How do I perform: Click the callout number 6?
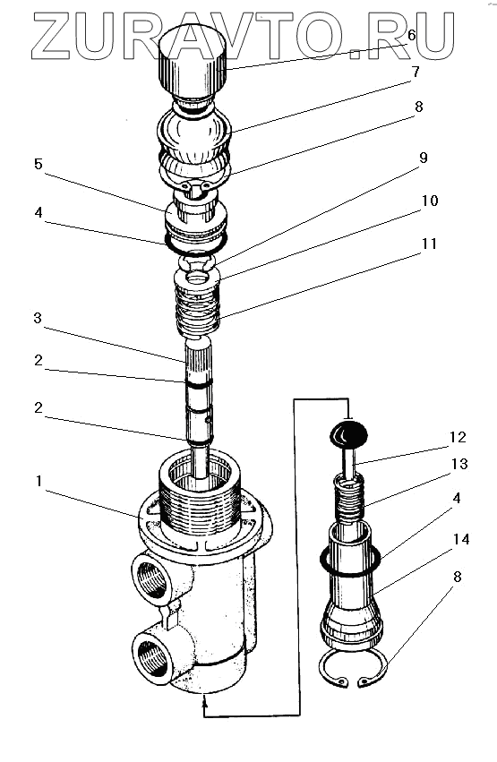click(x=412, y=35)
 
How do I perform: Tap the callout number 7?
click(x=415, y=72)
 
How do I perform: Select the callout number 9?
click(x=424, y=158)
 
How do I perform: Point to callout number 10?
click(x=430, y=201)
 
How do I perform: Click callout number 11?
click(x=430, y=243)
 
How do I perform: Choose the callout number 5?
click(x=39, y=164)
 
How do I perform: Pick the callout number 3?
click(x=38, y=318)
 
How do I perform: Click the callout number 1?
click(x=39, y=481)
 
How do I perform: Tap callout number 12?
click(x=458, y=437)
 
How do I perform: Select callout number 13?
click(x=459, y=464)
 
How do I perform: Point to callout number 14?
click(x=461, y=539)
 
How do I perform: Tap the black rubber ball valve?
click(x=348, y=434)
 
